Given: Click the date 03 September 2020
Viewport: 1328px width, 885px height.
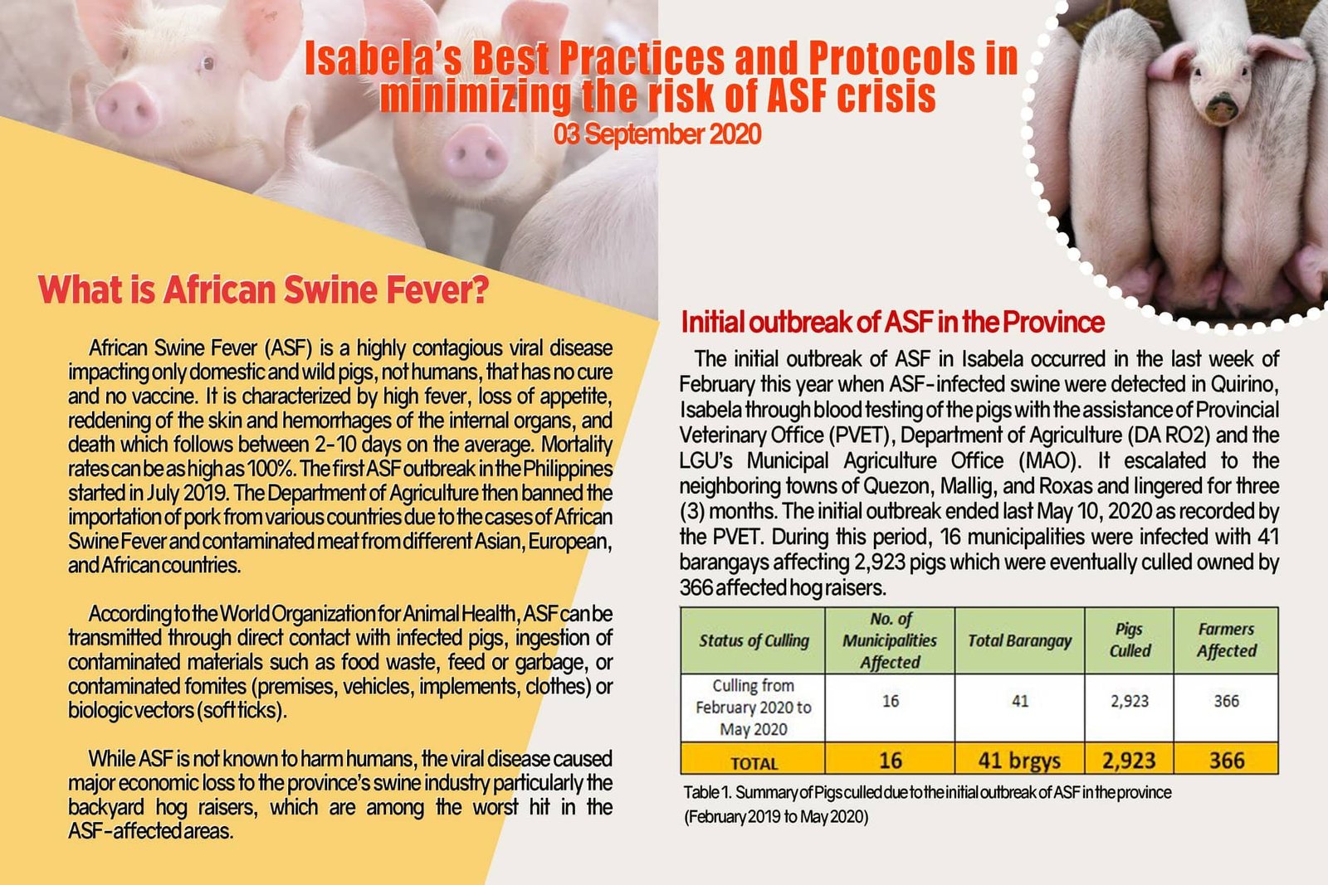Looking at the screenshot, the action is (657, 134).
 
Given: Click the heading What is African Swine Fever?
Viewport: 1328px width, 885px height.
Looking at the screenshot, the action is (264, 289).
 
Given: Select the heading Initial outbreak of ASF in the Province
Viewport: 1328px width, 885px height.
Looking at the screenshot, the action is (893, 323).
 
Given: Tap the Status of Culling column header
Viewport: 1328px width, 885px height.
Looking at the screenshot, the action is (754, 640).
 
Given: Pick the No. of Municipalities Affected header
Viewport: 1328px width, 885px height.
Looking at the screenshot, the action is (890, 640).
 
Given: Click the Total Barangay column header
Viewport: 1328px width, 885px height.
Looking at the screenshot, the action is (1020, 640).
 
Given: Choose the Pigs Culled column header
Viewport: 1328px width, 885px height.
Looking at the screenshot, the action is (1130, 639).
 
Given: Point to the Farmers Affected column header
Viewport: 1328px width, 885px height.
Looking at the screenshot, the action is (1226, 639).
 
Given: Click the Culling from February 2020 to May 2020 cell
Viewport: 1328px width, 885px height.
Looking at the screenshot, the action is (754, 708).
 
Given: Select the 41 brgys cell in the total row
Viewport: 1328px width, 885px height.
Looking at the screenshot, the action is (1020, 760).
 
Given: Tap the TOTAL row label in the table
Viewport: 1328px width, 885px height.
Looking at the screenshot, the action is (754, 763).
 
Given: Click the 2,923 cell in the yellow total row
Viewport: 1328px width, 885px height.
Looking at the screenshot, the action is (1130, 760).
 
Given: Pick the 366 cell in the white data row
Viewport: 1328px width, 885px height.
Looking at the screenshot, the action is (1226, 702).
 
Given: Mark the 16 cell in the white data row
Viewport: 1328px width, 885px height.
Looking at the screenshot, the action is (891, 702).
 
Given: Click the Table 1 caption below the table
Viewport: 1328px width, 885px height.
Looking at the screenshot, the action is (927, 805).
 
